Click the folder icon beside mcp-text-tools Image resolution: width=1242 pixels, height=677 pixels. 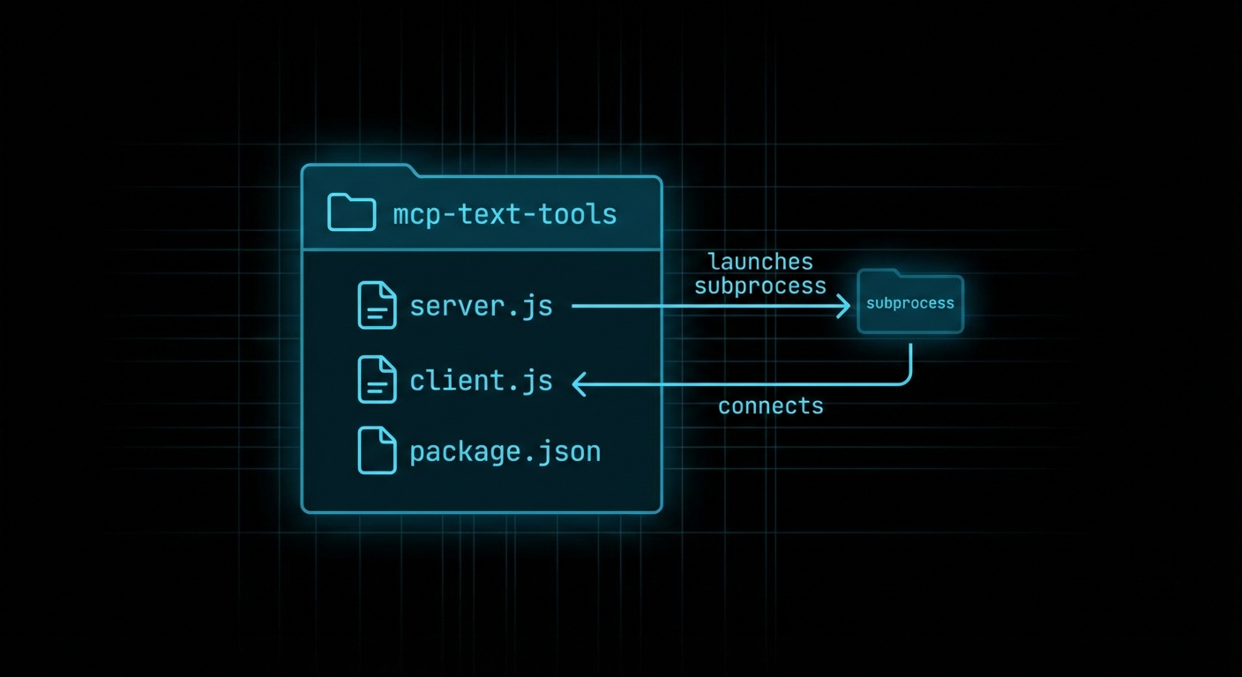351,212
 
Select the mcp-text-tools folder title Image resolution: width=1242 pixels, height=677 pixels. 505,213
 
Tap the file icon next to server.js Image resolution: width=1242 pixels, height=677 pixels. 376,305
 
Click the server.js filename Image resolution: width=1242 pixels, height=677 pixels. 481,306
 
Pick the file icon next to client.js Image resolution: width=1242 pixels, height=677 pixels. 376,380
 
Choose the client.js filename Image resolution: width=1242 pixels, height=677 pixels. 481,380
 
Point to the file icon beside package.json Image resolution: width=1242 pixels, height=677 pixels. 376,450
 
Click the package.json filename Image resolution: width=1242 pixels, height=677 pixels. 505,451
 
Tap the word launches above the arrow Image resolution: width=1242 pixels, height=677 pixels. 759,262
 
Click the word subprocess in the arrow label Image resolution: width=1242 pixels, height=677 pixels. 759,286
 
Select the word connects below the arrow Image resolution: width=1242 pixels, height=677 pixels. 770,405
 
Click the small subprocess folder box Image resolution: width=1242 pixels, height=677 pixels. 910,304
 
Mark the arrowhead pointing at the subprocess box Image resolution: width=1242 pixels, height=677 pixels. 843,306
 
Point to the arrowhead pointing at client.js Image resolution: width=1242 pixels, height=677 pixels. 580,383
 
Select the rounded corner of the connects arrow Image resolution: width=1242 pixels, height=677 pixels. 906,378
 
